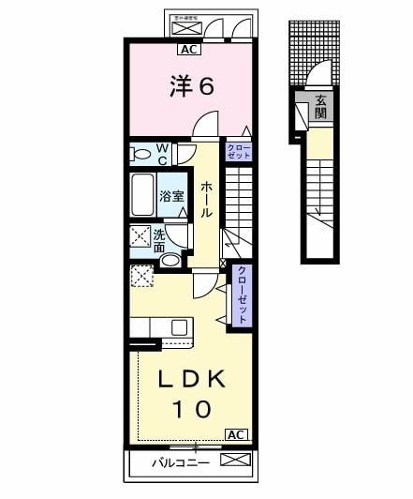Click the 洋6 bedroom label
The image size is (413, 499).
click(192, 86)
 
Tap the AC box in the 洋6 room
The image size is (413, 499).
click(188, 51)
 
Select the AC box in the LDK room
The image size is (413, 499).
click(236, 434)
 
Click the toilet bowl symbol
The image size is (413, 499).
click(140, 153)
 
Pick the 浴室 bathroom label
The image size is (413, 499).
click(171, 197)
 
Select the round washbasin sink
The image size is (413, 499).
click(170, 260)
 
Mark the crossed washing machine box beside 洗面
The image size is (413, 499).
click(140, 236)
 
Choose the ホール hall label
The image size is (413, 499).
click(206, 199)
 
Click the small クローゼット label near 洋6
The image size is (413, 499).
click(238, 151)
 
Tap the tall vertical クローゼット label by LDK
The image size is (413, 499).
click(241, 295)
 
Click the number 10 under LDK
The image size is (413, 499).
click(191, 409)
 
